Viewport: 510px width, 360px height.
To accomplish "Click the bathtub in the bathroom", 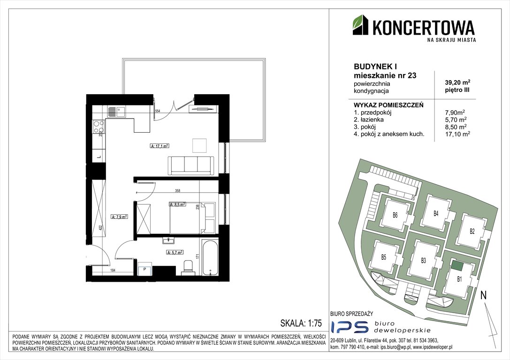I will tap(210, 259).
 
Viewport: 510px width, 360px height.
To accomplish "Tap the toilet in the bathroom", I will tap(187, 267).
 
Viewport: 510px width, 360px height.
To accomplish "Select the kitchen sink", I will tap(115, 112).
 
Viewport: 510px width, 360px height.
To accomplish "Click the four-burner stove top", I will tap(99, 127).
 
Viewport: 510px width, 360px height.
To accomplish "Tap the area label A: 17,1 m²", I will tap(159, 146).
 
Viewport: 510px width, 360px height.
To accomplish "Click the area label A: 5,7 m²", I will tap(175, 252).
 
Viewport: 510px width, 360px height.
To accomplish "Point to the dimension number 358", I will tap(178, 191).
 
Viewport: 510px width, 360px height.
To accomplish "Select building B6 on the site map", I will tap(395, 216).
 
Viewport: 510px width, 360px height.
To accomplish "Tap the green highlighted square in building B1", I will tap(457, 266).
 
